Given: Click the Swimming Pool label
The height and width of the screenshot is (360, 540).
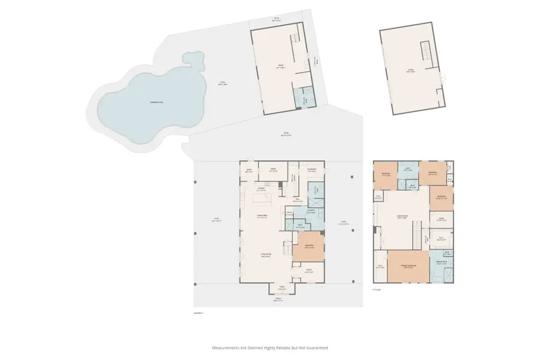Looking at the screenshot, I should tap(157, 103).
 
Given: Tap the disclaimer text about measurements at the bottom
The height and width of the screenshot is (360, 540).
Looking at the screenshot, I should tap(269, 347).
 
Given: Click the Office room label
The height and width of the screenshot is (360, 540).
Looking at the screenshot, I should tap(310, 271).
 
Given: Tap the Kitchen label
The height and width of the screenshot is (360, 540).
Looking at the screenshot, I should tap(262, 188).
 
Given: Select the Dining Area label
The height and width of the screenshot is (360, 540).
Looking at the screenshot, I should tap(262, 216).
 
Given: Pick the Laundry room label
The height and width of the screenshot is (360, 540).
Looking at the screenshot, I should tap(311, 211).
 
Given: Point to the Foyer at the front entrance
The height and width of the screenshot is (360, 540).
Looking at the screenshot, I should tap(281, 287).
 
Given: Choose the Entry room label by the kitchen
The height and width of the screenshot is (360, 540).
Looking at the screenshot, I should tap(248, 170).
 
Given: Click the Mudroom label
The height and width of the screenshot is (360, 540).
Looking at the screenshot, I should tap(311, 170).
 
